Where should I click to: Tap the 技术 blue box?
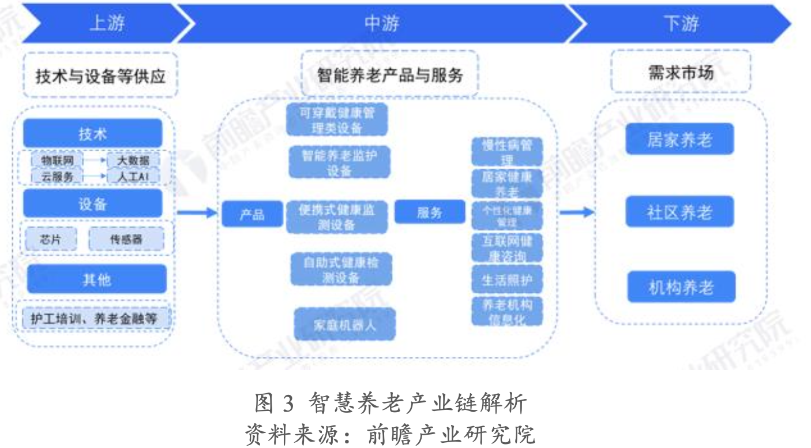[x=93, y=134]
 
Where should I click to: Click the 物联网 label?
[x=57, y=160]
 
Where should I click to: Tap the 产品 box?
[x=252, y=214]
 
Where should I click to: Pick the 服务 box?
[x=429, y=212]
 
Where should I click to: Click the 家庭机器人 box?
[x=344, y=324]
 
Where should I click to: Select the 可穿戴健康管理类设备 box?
[x=337, y=120]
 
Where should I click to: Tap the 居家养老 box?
[x=679, y=139]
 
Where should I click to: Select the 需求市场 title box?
[x=681, y=73]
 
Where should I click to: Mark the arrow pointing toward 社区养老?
[x=576, y=212]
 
